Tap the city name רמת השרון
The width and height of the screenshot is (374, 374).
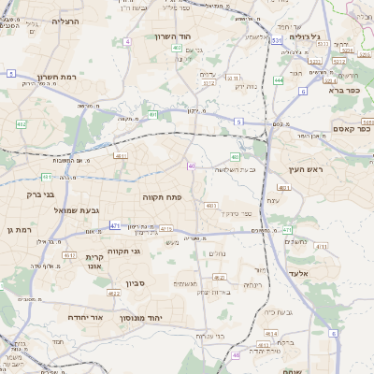pos(36,78)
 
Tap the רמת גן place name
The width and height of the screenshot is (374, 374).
pos(19,229)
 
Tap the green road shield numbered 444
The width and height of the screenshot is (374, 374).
pos(279,80)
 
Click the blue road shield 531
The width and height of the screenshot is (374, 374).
pos(277,41)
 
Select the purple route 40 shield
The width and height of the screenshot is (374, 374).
pos(191,165)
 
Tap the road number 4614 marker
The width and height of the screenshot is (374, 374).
pos(270,333)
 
